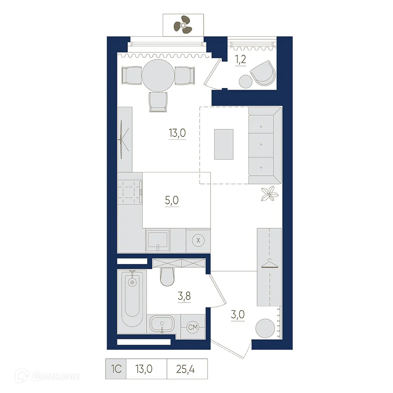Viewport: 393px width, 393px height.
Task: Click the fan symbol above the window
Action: pyautogui.click(x=182, y=25)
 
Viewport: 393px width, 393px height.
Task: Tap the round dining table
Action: pyautogui.click(x=158, y=75)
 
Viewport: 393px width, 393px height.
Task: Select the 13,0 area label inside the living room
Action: pyautogui.click(x=177, y=133)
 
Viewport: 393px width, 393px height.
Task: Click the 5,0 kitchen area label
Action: pyautogui.click(x=172, y=200)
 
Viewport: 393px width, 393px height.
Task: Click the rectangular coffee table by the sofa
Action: pyautogui.click(x=224, y=144)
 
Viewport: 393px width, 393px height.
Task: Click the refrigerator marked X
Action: pyautogui.click(x=198, y=241)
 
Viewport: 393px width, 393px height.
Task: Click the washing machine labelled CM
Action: pyautogui.click(x=193, y=326)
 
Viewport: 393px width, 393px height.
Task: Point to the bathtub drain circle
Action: pyautogui.click(x=132, y=282)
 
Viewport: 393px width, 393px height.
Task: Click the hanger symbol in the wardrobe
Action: pyautogui.click(x=269, y=262)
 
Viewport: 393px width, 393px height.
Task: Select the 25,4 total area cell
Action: pyautogui.click(x=186, y=369)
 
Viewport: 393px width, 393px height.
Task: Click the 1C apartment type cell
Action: pyautogui.click(x=116, y=369)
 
